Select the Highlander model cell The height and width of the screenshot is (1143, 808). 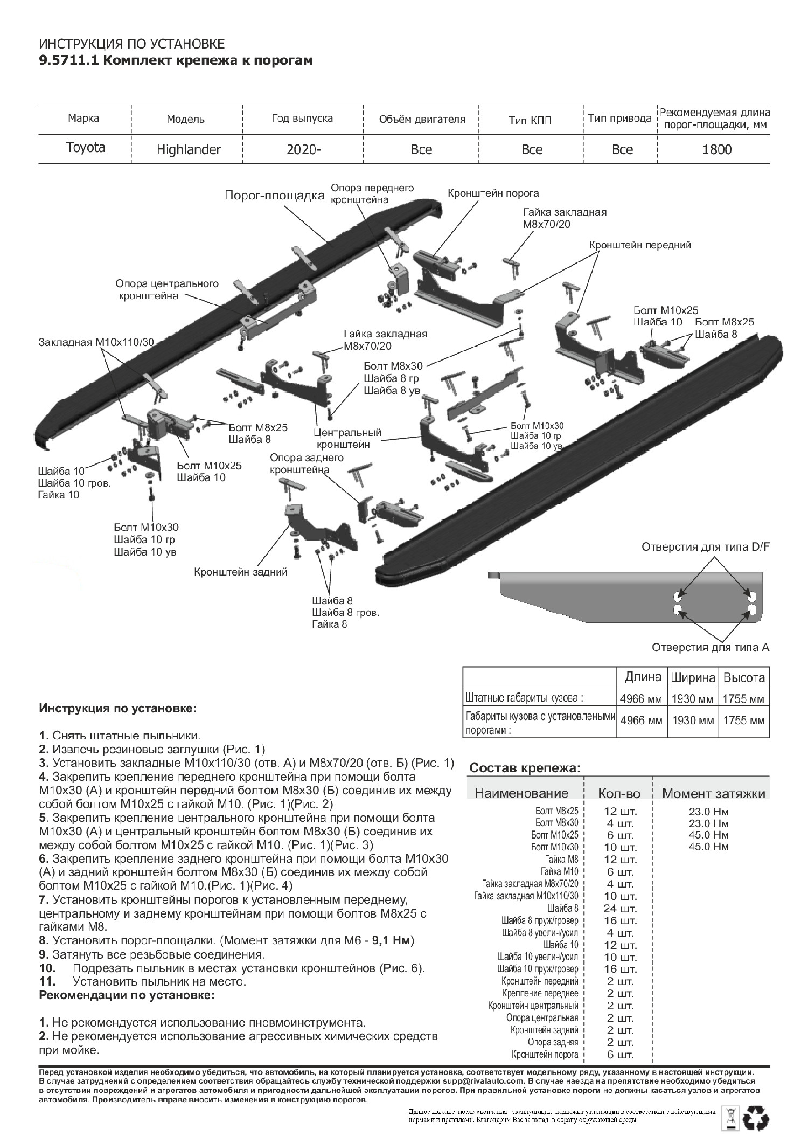189,149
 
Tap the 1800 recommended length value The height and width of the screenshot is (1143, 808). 717,149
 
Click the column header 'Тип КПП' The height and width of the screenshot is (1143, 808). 530,120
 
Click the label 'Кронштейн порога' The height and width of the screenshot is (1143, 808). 493,193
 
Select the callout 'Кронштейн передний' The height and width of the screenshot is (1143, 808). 640,245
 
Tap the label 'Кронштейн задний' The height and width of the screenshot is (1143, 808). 241,572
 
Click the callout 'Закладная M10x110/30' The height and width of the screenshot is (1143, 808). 96,342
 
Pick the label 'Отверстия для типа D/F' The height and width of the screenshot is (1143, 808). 706,547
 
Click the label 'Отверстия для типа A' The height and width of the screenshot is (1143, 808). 710,647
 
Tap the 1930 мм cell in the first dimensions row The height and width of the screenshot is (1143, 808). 692,699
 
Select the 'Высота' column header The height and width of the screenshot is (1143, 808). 744,677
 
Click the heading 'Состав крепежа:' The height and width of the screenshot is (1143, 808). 525,768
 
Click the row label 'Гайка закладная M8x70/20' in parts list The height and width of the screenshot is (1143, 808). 530,884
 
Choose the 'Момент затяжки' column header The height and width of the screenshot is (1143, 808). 713,793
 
